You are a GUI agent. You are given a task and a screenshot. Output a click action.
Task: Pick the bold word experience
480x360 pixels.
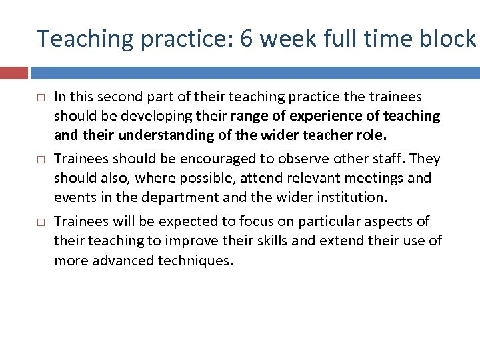pos(319,116)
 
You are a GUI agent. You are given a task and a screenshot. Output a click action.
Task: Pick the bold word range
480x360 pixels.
pos(255,117)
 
